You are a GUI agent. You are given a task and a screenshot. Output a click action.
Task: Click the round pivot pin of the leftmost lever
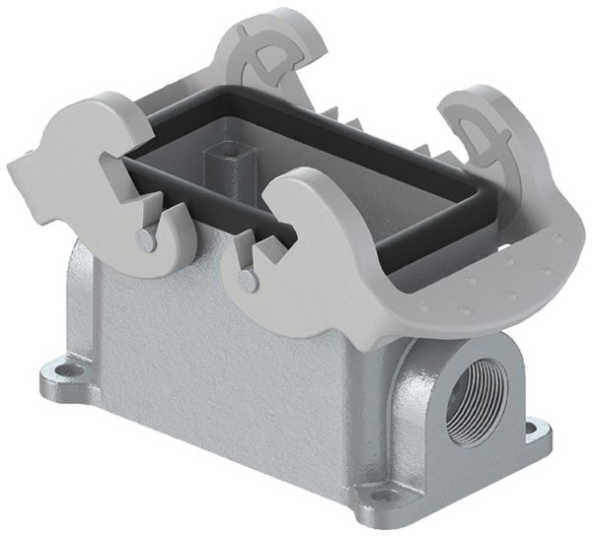pos(146,238)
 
